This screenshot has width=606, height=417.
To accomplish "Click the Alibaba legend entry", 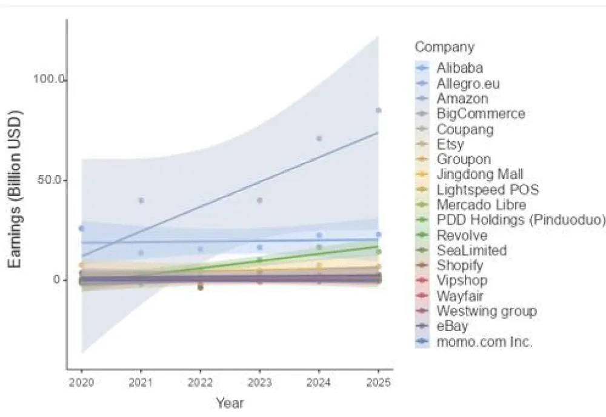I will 459,67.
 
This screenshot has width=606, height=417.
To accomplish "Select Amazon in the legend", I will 462,98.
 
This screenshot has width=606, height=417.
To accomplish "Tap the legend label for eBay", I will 452,327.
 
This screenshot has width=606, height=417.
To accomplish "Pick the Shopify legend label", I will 459,265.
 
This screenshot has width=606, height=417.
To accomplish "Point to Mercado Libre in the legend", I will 481,205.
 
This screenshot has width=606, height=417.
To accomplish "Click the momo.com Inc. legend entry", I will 484,342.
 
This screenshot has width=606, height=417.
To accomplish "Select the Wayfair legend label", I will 459,296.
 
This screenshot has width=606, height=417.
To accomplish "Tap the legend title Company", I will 445,47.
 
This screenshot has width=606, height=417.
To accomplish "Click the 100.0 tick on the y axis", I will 49,80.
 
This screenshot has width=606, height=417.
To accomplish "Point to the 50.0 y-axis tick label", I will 52,180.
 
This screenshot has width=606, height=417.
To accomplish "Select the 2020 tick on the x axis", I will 82,382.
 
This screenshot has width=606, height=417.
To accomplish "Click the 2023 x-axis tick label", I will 260,382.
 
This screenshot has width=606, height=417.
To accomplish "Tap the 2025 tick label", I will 378,382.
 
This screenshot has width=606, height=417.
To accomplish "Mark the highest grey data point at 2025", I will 378,110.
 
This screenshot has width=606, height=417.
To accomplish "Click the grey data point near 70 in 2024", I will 319,139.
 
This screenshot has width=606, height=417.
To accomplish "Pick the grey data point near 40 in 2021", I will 141,201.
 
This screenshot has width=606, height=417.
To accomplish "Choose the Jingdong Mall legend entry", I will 479,175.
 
